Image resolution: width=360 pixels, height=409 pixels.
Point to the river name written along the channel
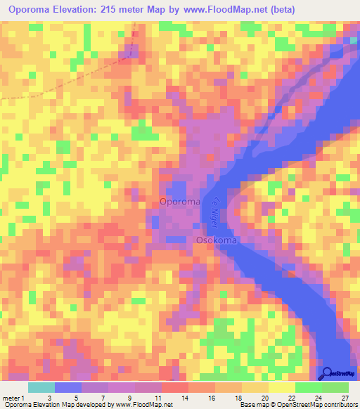(x=218, y=215)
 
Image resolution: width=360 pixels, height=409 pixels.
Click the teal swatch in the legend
(x=41, y=387)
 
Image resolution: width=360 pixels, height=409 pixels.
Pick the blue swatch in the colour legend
(x=68, y=387)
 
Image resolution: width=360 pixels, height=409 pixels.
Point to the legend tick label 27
(x=344, y=398)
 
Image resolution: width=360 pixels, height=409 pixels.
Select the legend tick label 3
(x=49, y=398)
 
